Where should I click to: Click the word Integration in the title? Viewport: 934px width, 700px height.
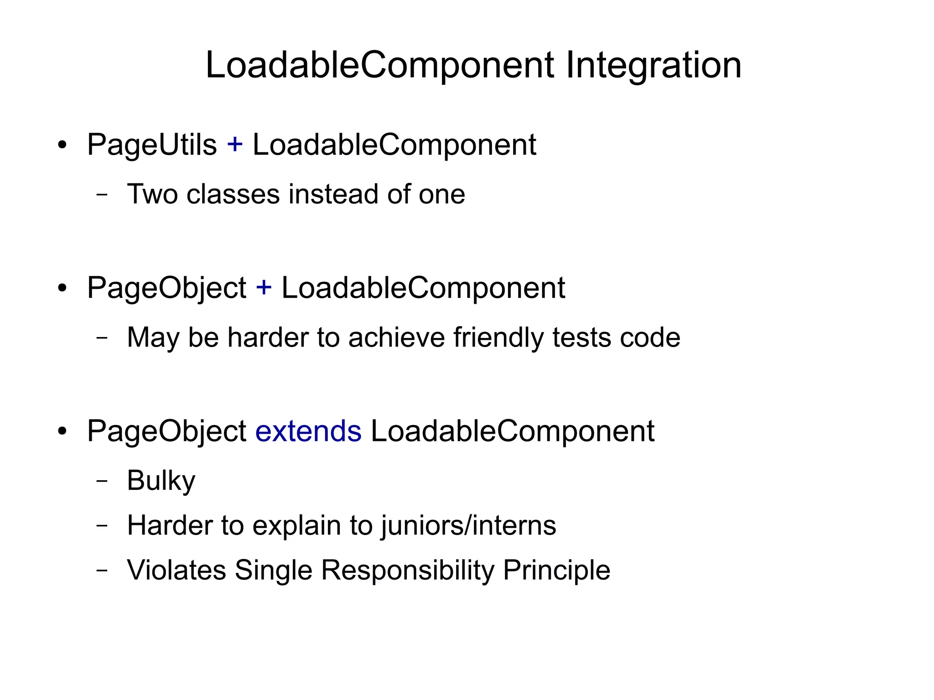point(654,65)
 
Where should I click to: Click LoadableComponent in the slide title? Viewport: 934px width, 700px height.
point(379,65)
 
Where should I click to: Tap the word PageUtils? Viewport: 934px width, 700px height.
point(152,145)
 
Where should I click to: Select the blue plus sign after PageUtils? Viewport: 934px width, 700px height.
point(235,145)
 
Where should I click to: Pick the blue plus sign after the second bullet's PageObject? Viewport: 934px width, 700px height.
point(264,288)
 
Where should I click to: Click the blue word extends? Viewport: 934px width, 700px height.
point(308,431)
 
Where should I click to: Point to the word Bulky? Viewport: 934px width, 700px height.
point(161,481)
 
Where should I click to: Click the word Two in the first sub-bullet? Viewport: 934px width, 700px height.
point(152,194)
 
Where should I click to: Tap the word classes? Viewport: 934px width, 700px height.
point(233,194)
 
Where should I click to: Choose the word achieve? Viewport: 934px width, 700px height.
point(396,337)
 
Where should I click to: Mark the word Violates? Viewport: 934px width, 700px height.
point(176,570)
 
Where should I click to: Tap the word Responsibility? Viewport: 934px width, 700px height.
point(408,570)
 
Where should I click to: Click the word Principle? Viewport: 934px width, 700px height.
point(556,570)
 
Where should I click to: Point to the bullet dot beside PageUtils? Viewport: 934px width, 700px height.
point(62,146)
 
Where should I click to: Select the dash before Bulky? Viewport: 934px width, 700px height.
point(102,481)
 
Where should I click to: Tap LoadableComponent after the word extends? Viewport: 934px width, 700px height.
point(513,431)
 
